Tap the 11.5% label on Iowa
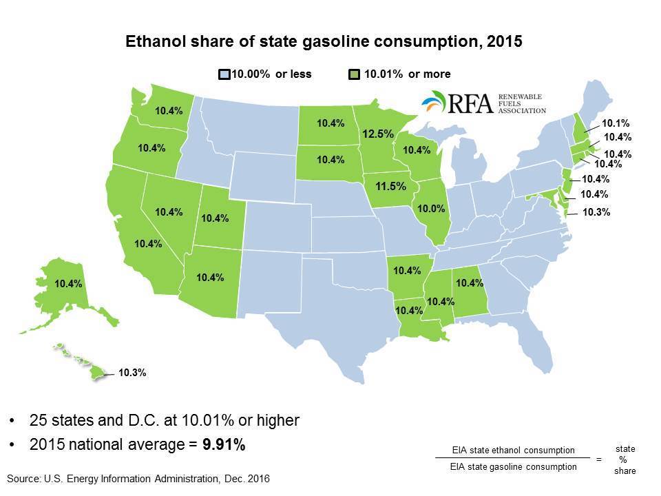click(390, 186)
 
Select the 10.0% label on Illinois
click(432, 208)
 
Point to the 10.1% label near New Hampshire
click(616, 124)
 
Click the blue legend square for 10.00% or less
click(224, 74)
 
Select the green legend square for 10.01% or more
click(353, 74)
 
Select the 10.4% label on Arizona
click(209, 277)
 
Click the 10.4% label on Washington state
click(169, 110)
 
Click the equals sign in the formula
click(599, 459)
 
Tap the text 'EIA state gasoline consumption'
click(514, 467)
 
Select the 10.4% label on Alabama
click(470, 282)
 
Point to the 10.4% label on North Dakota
click(330, 123)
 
